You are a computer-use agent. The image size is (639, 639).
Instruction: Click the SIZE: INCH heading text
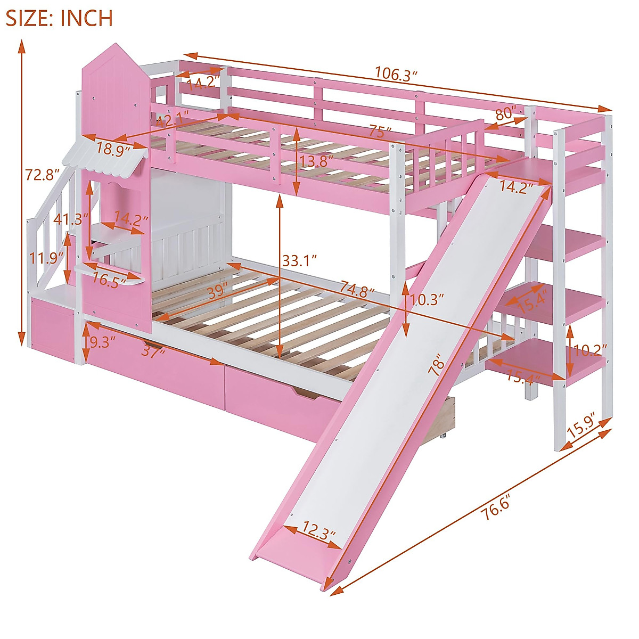(59, 18)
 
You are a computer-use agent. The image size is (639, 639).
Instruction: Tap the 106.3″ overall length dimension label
(395, 73)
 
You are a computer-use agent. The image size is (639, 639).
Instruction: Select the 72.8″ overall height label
(41, 174)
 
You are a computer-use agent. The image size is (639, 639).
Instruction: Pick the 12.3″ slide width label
(319, 530)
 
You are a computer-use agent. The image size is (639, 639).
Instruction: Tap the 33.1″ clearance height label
(300, 261)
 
